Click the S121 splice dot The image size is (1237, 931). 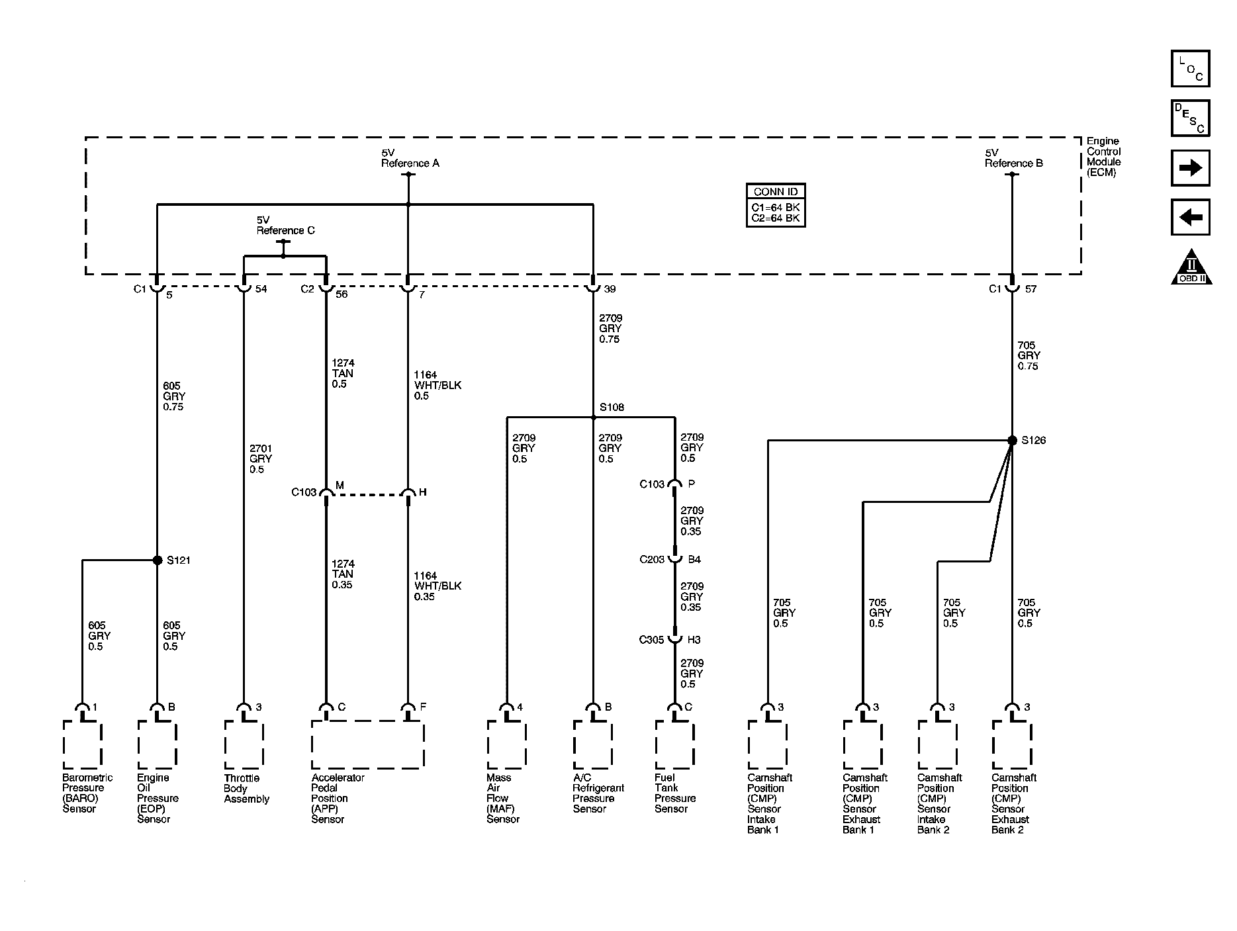coord(158,560)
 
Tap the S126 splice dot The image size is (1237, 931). coord(1012,441)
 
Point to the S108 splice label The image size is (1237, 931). coord(612,408)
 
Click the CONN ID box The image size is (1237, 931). coord(776,205)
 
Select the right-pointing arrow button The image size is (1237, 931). coord(1191,168)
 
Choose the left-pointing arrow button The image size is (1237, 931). coord(1191,217)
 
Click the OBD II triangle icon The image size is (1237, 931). coord(1191,267)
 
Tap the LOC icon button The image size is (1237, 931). coord(1191,69)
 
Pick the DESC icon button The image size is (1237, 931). coord(1191,118)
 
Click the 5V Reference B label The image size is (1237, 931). coord(1013,158)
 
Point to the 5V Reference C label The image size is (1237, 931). coord(285,225)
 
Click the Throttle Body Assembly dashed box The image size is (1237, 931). coord(244,745)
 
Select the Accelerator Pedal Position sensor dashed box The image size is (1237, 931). coord(367,745)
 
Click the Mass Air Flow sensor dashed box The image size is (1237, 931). coord(507,745)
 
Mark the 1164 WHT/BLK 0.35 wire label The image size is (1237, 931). coord(437,586)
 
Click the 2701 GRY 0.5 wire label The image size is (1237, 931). coord(261,459)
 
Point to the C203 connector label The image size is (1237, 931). coord(651,560)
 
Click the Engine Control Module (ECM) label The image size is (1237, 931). coord(1103,157)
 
